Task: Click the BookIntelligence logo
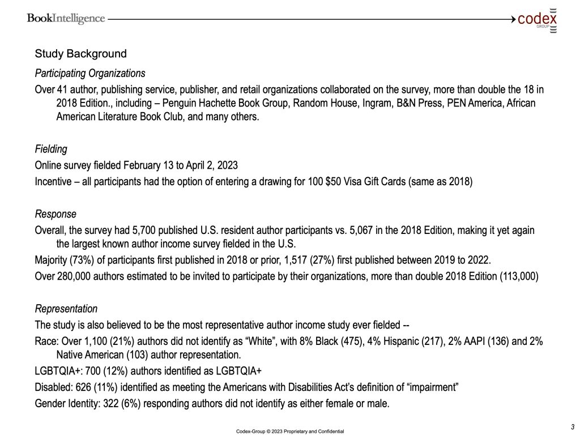coord(66,19)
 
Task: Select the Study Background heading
coord(80,54)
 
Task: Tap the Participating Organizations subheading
coord(90,74)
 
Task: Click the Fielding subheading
coord(51,150)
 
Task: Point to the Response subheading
coord(56,215)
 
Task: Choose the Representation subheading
coord(66,309)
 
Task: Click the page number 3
coord(573,427)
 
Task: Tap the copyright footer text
coord(290,431)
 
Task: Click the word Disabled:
coord(53,387)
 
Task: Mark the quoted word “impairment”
coord(431,387)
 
